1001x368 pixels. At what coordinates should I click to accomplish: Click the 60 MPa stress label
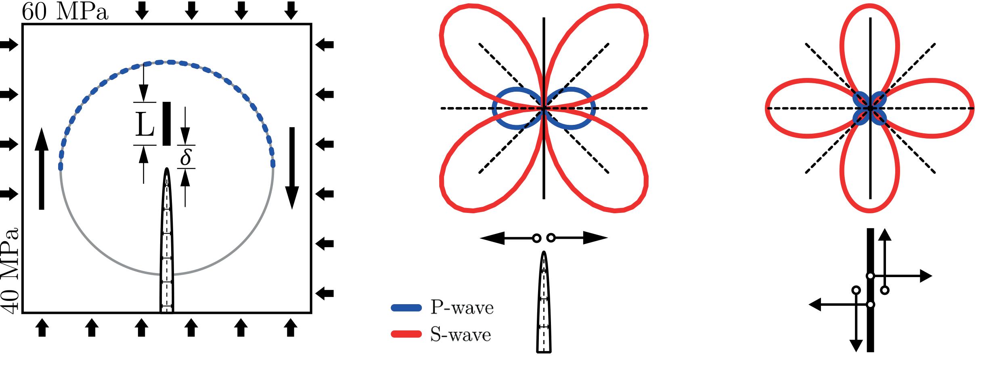[x=65, y=12]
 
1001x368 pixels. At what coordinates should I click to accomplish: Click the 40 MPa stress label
[x=10, y=271]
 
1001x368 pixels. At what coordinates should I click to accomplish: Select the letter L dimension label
[x=144, y=124]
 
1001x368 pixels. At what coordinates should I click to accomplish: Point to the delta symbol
[x=185, y=157]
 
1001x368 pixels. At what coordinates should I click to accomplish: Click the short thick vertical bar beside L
[x=166, y=124]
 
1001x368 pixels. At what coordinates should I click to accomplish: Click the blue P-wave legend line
[x=406, y=308]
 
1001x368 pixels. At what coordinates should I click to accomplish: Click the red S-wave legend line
[x=406, y=334]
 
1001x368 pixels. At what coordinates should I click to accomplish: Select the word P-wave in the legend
[x=462, y=308]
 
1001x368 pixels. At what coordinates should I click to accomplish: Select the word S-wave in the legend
[x=460, y=335]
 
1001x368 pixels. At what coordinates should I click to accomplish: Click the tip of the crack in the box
[x=167, y=170]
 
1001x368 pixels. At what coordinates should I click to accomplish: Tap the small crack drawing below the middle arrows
[x=544, y=303]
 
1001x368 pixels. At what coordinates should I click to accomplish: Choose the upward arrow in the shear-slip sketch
[x=885, y=259]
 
